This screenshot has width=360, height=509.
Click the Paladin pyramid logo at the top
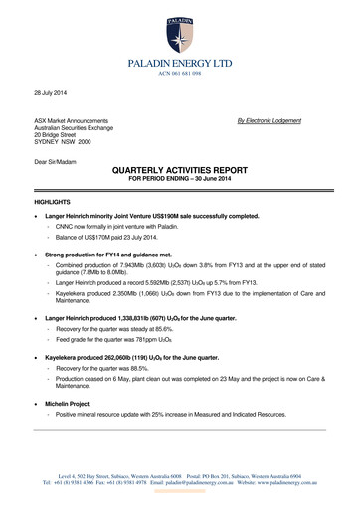180,28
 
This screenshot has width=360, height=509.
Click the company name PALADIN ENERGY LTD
180,63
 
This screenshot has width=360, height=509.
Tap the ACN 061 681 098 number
180,74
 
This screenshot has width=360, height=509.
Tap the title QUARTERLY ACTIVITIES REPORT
179,170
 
